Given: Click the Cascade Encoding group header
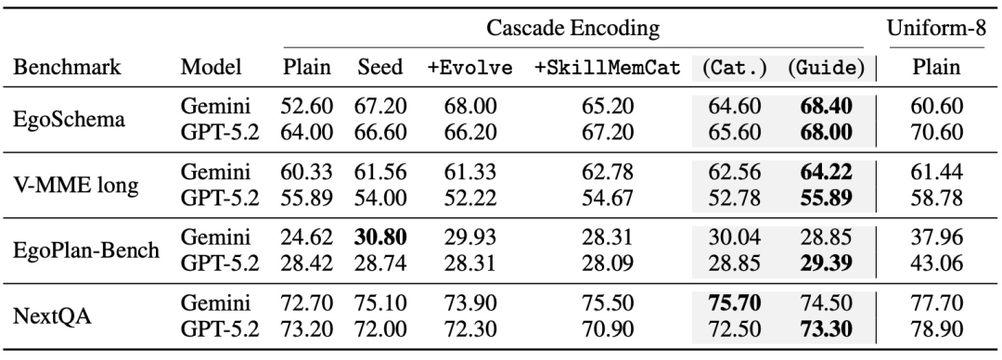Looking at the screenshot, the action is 572,28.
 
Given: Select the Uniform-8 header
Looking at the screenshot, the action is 936,28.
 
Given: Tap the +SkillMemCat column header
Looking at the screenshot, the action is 607,67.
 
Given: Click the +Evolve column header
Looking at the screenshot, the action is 470,67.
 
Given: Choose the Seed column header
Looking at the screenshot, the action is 380,67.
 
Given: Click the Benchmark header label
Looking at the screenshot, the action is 67,67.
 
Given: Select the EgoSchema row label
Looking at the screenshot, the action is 69,119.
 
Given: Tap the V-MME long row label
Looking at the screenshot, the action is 75,185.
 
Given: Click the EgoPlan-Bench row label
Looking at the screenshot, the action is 86,250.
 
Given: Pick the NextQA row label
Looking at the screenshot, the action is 52,315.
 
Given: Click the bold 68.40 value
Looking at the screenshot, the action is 826,106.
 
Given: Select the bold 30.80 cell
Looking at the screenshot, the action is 380,238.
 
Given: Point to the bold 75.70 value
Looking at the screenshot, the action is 734,302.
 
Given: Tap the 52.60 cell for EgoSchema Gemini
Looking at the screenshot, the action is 307,106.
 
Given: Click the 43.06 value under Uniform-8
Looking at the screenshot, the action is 936,263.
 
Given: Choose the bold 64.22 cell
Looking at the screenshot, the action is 826,172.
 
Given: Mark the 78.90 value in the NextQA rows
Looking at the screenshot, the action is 936,328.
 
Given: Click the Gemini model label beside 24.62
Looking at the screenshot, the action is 214,238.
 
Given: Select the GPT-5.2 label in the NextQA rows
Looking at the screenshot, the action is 220,328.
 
